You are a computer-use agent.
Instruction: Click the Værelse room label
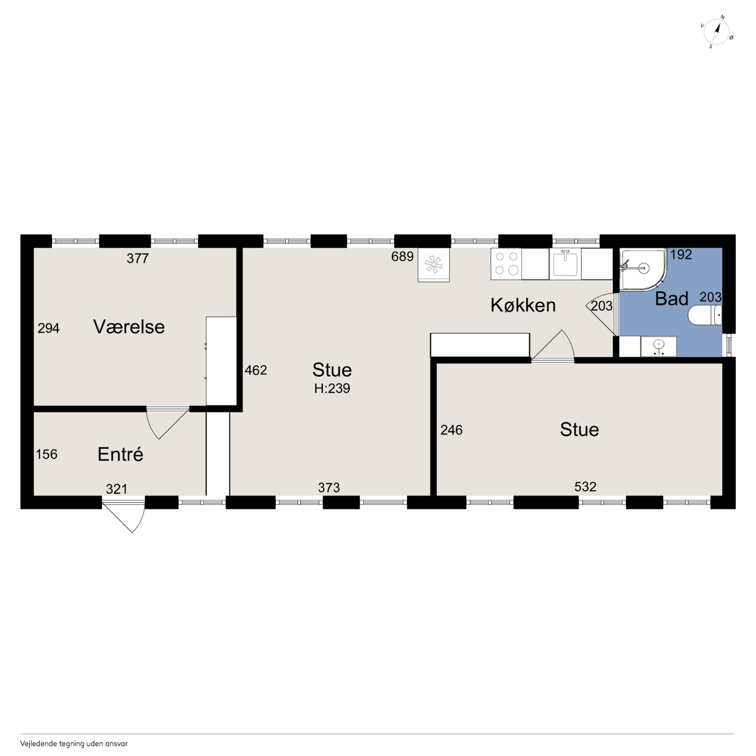click(129, 327)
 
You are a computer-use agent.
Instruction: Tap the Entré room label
click(120, 454)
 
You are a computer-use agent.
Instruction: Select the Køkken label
click(523, 305)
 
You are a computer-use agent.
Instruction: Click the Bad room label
click(672, 299)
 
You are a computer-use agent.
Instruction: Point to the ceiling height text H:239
click(332, 389)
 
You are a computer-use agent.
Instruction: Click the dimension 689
click(402, 256)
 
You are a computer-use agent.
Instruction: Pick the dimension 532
click(585, 487)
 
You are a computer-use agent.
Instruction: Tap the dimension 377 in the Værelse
click(138, 258)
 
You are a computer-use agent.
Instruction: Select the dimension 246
click(451, 431)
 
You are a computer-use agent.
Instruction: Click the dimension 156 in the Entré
click(47, 454)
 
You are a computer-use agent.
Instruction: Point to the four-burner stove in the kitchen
click(506, 263)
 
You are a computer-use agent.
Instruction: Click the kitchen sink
click(565, 263)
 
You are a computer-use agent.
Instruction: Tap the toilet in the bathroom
click(705, 316)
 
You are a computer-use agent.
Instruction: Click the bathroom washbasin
click(659, 347)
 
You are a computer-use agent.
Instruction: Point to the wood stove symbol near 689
click(434, 265)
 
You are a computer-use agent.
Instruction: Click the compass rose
click(717, 32)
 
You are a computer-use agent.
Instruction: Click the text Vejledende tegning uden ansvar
click(74, 743)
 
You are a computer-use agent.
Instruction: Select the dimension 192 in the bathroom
click(681, 255)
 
